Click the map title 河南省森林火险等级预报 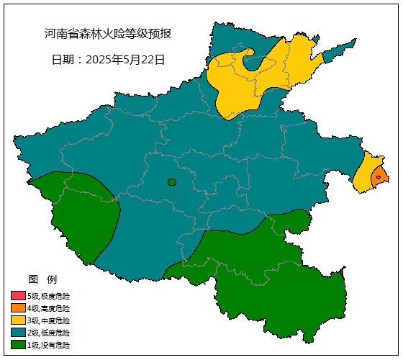coord(108,34)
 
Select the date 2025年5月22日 coord(125,60)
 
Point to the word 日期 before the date coord(63,60)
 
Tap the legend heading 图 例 coord(42,279)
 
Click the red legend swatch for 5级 coord(18,295)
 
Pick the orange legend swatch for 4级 coord(18,307)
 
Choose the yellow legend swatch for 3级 coord(18,320)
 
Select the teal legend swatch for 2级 coord(18,333)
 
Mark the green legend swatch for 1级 coord(18,345)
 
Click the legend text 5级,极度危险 coord(49,295)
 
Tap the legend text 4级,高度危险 coord(49,307)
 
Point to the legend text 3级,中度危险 coord(49,320)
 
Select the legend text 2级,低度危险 coord(49,333)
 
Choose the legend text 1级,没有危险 coord(49,345)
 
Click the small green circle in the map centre coord(172,182)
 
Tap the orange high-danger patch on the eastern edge coord(380,175)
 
